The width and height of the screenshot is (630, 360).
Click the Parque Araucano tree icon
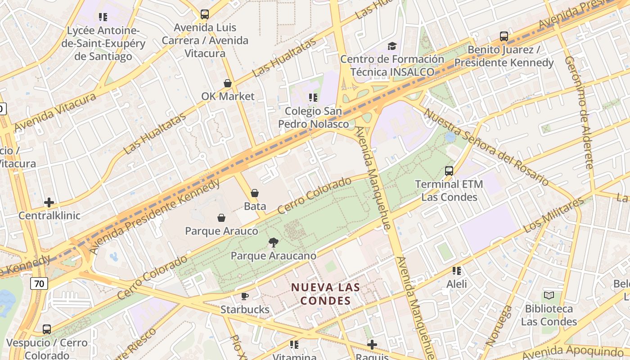[x=273, y=243]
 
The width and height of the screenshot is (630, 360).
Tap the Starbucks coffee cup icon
[x=244, y=296]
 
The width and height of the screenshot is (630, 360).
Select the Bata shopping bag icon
[x=255, y=193]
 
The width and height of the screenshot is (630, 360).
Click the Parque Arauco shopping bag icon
[x=221, y=218]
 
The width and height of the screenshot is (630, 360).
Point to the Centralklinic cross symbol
[x=49, y=202]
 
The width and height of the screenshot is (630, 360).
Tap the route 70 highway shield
[x=40, y=283]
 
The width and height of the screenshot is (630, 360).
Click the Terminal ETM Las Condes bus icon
[x=449, y=171]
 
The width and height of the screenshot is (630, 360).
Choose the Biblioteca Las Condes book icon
[x=549, y=296]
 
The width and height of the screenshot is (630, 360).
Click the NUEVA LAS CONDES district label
[x=325, y=293]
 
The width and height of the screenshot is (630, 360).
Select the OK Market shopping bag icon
[x=228, y=83]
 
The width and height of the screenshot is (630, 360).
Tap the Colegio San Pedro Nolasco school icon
[x=313, y=97]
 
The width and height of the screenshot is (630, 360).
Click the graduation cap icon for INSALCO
[x=392, y=46]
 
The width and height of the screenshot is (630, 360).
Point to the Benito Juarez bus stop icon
[x=504, y=36]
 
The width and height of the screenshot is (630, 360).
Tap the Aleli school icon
[x=456, y=271]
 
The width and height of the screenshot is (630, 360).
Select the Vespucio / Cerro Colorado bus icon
[x=47, y=329]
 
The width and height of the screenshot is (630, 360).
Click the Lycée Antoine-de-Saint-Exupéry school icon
[x=103, y=17]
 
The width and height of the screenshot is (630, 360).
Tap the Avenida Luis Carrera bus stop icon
[x=205, y=14]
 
